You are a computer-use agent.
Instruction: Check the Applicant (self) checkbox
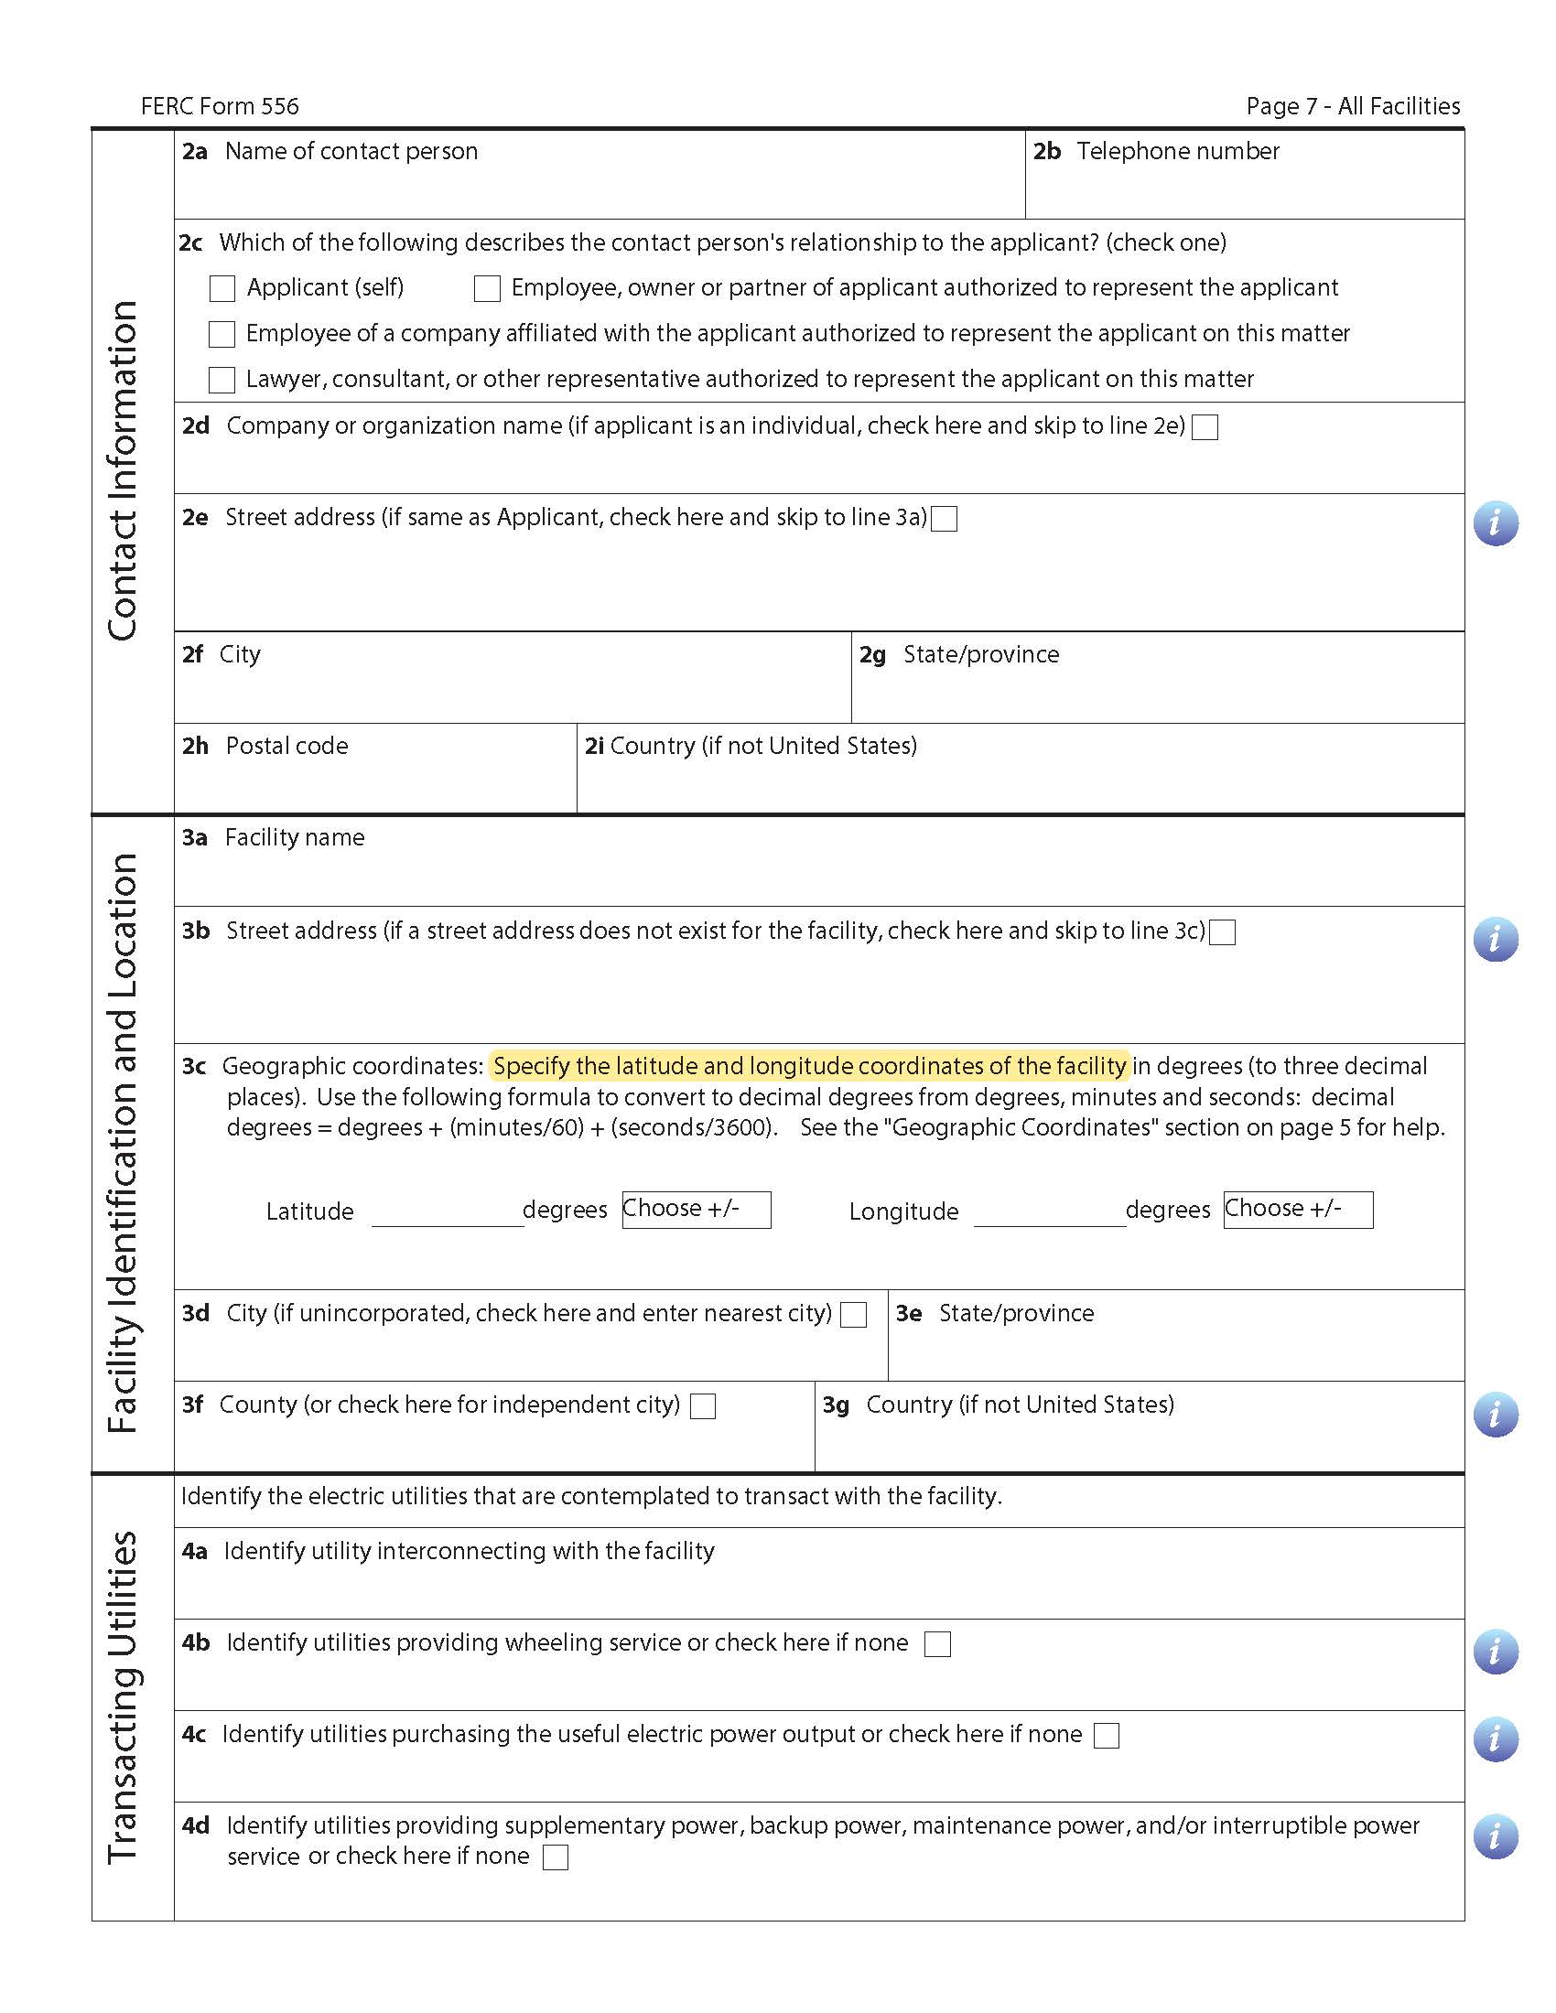222,288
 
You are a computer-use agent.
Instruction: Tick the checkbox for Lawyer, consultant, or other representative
222,380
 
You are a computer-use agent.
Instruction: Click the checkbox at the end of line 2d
1205,426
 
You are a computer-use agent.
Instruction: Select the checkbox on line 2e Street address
944,519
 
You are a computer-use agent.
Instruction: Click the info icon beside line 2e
1496,523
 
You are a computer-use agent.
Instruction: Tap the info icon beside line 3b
1496,939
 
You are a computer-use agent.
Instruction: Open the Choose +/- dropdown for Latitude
696,1210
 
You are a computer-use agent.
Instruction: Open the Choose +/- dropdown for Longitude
1298,1210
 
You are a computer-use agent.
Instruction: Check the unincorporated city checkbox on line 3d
854,1314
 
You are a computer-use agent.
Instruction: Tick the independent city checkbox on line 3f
703,1405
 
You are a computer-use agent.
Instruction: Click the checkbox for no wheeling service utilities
937,1643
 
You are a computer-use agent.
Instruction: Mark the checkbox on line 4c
1107,1736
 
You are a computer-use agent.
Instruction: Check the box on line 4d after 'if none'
556,1857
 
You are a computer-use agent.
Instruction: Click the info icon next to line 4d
1496,1836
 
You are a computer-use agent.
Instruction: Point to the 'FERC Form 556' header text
220,107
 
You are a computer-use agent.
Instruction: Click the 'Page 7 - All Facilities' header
1352,107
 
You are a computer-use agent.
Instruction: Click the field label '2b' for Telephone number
1046,151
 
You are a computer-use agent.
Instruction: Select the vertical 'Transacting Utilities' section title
123,1696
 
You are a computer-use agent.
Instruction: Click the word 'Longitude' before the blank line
903,1211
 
